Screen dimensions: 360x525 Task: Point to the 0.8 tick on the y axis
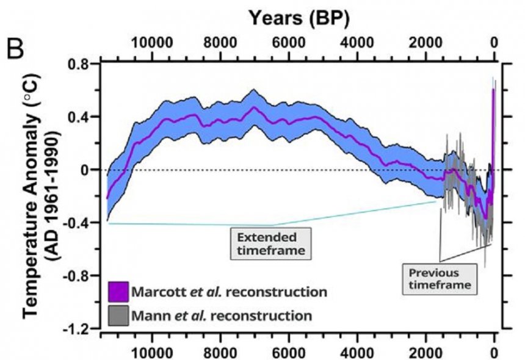(x=79, y=64)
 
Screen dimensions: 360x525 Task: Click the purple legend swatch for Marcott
(x=117, y=291)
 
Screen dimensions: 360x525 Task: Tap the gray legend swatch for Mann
(x=117, y=315)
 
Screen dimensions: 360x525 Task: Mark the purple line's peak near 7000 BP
(x=255, y=108)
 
